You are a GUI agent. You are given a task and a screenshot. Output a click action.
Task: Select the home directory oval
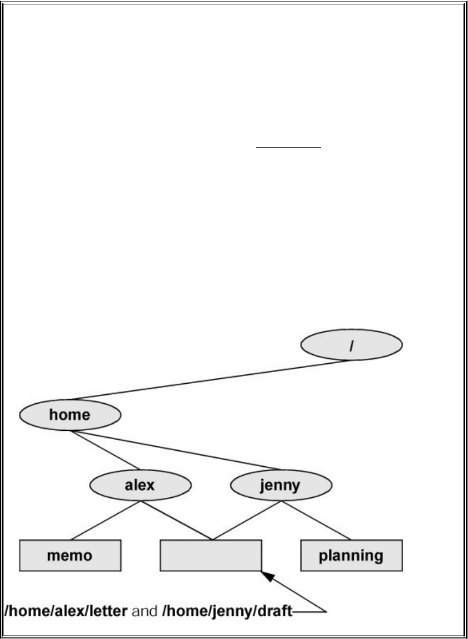click(70, 415)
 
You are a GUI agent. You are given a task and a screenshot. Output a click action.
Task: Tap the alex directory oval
click(140, 486)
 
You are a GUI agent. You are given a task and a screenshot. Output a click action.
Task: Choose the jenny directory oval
click(281, 486)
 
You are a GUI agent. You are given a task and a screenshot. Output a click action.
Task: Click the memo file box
click(70, 555)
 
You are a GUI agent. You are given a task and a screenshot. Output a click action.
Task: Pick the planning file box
click(352, 555)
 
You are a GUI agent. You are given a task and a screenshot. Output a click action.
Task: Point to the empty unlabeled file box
click(211, 555)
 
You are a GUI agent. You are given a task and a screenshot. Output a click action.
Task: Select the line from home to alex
click(105, 450)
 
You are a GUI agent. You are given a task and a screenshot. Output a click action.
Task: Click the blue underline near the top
click(288, 148)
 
